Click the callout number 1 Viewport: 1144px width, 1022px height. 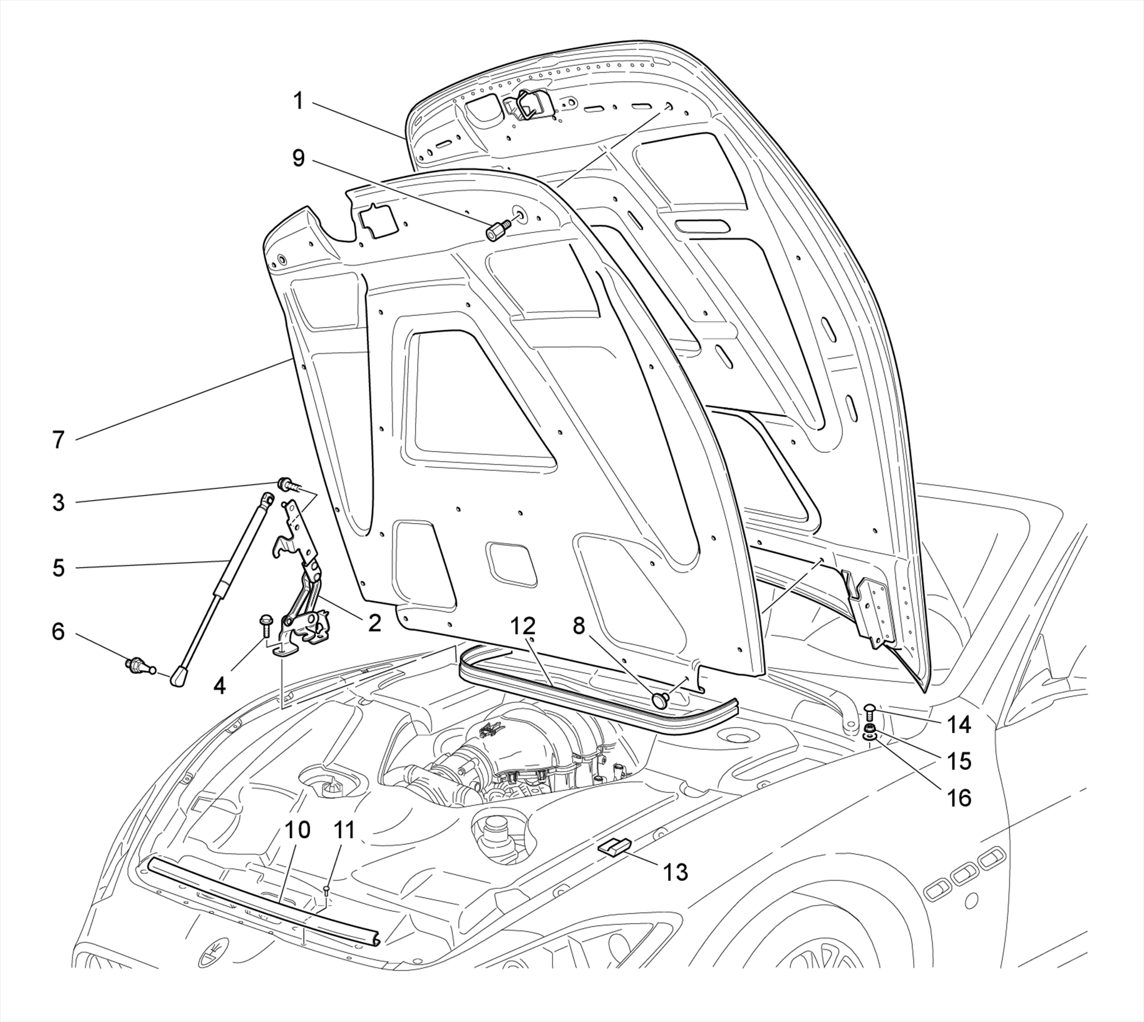pyautogui.click(x=298, y=102)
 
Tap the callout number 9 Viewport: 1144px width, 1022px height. pyautogui.click(x=298, y=158)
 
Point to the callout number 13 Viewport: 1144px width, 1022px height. pyautogui.click(x=675, y=872)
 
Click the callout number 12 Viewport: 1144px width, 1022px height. pyautogui.click(x=523, y=626)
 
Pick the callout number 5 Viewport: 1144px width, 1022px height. pyautogui.click(x=59, y=568)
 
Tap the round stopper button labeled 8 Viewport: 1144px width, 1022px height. pyautogui.click(x=660, y=700)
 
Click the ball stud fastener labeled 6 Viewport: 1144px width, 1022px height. pyautogui.click(x=135, y=666)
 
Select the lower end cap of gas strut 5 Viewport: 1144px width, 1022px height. pyautogui.click(x=180, y=676)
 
